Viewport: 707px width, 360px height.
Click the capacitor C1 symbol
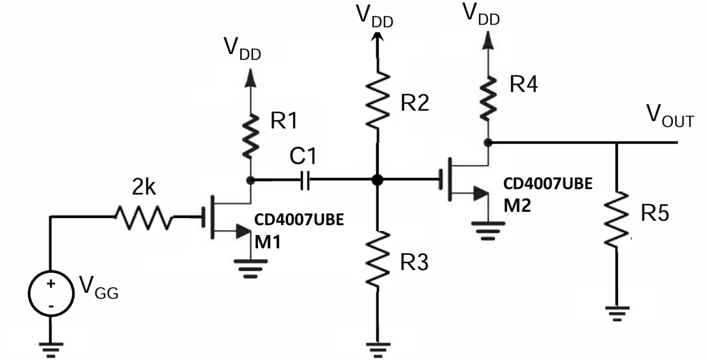tap(304, 180)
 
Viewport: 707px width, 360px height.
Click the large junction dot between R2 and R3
tap(378, 180)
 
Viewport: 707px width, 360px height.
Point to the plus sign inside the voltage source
tap(51, 284)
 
